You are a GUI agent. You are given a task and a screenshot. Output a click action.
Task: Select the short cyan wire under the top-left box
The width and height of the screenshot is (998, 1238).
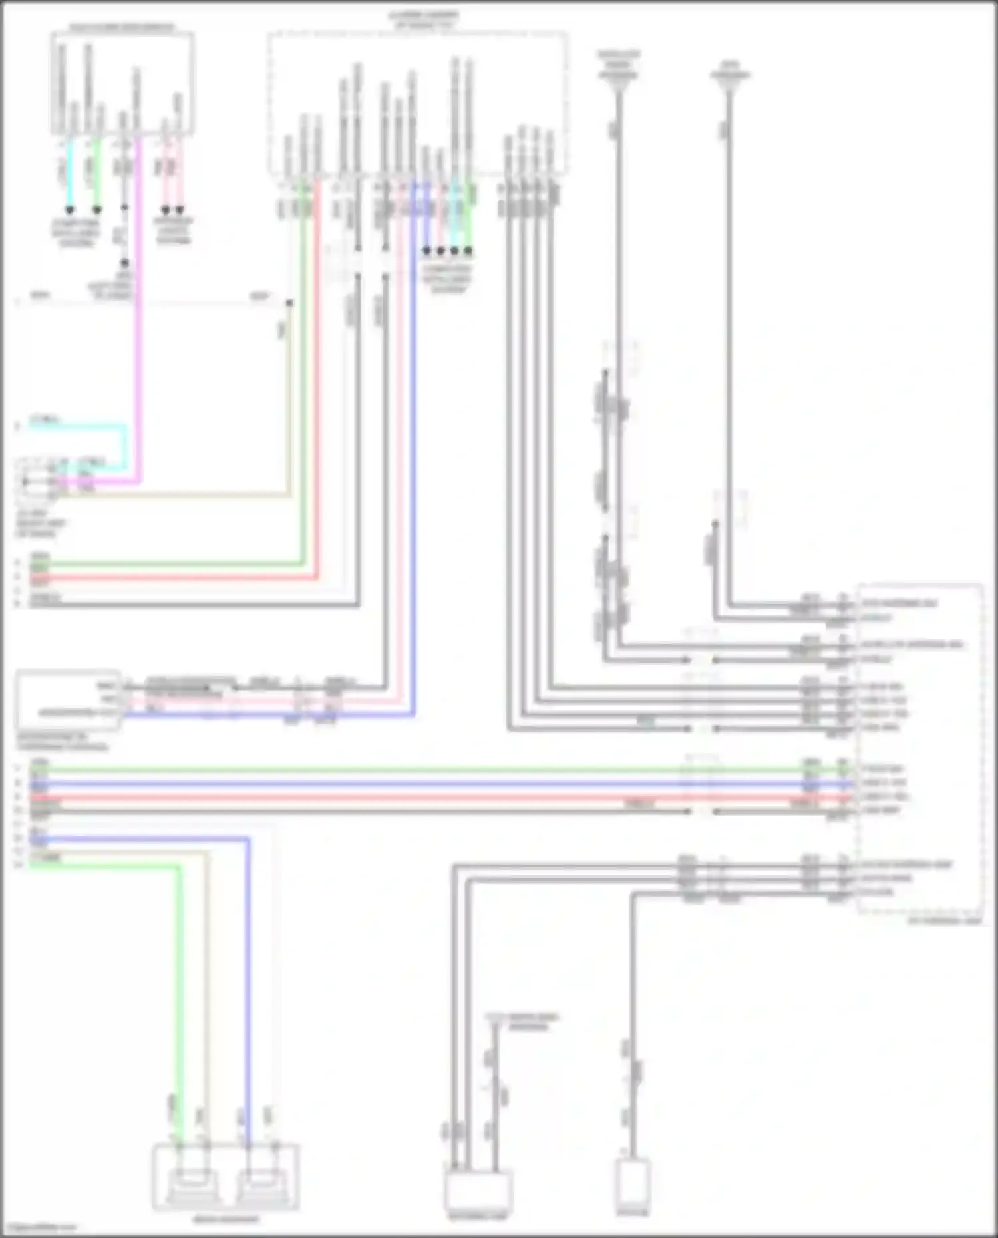(x=69, y=173)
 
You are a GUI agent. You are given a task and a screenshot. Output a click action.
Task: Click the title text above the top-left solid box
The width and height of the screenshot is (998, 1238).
(x=122, y=27)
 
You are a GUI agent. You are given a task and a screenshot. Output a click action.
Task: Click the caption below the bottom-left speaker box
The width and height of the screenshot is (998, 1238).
(x=226, y=1219)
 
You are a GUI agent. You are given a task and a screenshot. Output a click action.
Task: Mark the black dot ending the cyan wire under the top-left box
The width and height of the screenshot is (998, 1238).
(x=69, y=210)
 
